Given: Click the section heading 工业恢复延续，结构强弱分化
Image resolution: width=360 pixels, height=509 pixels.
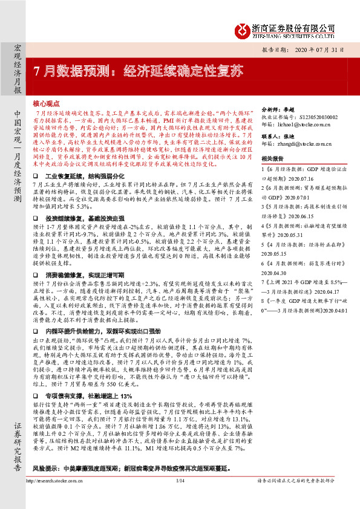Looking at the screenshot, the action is [x=83, y=157].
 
